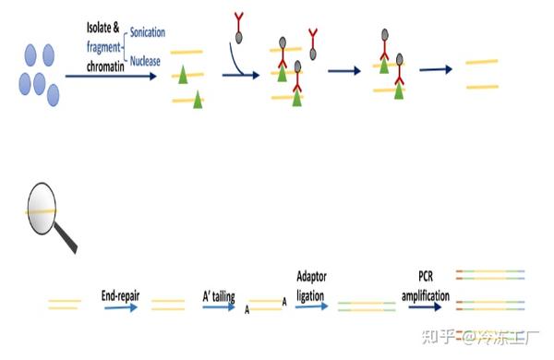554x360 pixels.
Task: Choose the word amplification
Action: click(427, 296)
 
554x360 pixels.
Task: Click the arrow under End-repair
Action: click(121, 308)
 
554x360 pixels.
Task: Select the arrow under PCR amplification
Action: click(426, 308)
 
